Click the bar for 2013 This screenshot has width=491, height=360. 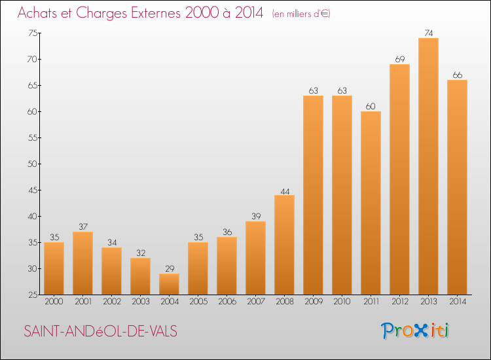pyautogui.click(x=428, y=166)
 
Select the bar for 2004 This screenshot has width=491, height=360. pyautogui.click(x=169, y=284)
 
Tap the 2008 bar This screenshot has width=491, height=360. pyautogui.click(x=284, y=245)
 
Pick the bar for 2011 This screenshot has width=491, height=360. pyautogui.click(x=371, y=203)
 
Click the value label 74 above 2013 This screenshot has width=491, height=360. pyautogui.click(x=429, y=33)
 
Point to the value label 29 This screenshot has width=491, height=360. pyautogui.click(x=170, y=268)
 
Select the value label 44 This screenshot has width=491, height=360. pyautogui.click(x=285, y=191)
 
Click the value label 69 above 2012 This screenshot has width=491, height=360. pyautogui.click(x=400, y=59)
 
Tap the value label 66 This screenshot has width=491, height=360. pyautogui.click(x=458, y=75)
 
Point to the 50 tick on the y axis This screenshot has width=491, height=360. pyautogui.click(x=32, y=164)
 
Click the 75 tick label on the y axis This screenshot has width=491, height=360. pyautogui.click(x=33, y=33)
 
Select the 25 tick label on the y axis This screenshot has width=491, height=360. pyautogui.click(x=33, y=295)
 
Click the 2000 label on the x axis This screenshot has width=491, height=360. pyautogui.click(x=54, y=302)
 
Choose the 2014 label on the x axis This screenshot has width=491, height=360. pyautogui.click(x=458, y=302)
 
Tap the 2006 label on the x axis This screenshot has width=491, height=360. pyautogui.click(x=227, y=302)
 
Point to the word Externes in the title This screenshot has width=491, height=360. pyautogui.click(x=156, y=13)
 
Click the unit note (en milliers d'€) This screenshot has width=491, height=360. pyautogui.click(x=301, y=14)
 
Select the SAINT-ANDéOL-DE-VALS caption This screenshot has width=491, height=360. pyautogui.click(x=101, y=331)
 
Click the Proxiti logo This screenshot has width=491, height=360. pyautogui.click(x=415, y=331)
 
